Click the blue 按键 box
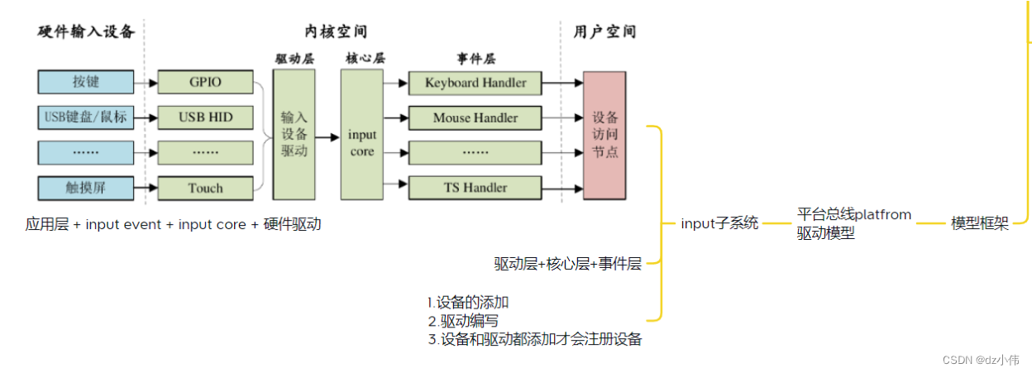pyautogui.click(x=85, y=82)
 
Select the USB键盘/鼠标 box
pyautogui.click(x=85, y=117)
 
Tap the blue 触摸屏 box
pyautogui.click(x=85, y=188)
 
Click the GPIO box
pyautogui.click(x=205, y=82)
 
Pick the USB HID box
pyautogui.click(x=205, y=117)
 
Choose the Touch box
pyautogui.click(x=205, y=188)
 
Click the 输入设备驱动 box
pyautogui.click(x=294, y=134)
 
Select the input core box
pyautogui.click(x=362, y=134)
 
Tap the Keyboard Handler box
pyautogui.click(x=475, y=83)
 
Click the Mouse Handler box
pyautogui.click(x=475, y=117)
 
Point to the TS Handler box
pyautogui.click(x=475, y=188)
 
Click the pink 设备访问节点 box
pyautogui.click(x=604, y=134)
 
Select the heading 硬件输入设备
pyautogui.click(x=86, y=32)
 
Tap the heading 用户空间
pyautogui.click(x=604, y=32)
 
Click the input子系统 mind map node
pyautogui.click(x=719, y=223)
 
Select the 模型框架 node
pyautogui.click(x=980, y=223)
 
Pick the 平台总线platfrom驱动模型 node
pyautogui.click(x=853, y=224)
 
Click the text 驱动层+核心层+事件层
pyautogui.click(x=567, y=264)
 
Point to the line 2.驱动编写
pyautogui.click(x=463, y=321)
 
